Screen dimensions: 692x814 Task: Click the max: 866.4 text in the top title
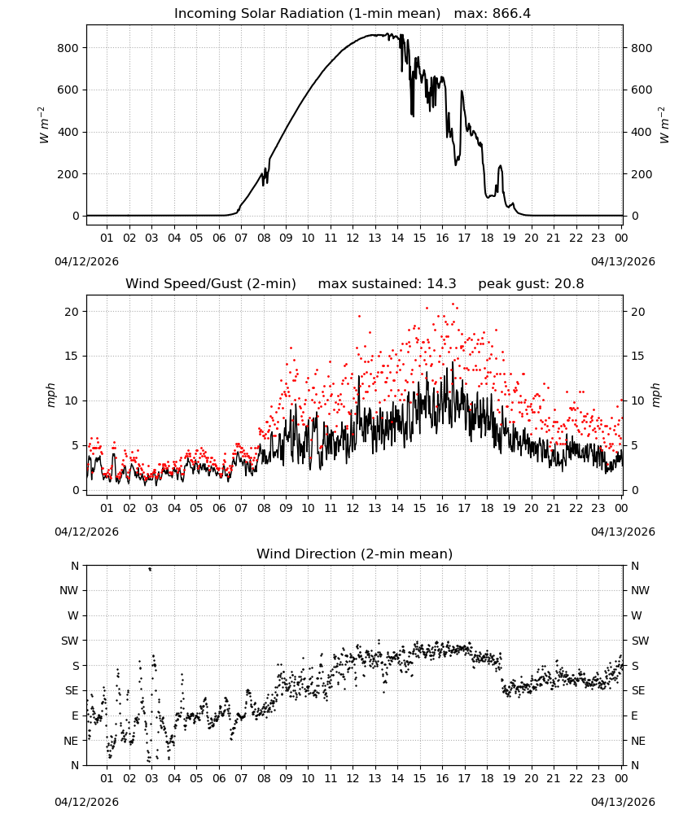[493, 14]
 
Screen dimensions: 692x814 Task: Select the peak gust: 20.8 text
[531, 284]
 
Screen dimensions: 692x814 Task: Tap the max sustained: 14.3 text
[387, 284]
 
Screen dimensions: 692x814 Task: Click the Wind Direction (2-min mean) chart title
[355, 554]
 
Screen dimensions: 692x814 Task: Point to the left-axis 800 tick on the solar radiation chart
[68, 48]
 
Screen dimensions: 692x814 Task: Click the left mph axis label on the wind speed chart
[50, 395]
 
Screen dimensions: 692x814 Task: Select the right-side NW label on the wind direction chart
[640, 591]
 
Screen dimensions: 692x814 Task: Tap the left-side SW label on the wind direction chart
[69, 641]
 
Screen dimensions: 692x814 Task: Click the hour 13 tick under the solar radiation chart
[374, 239]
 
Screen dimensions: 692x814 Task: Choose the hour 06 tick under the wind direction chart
[219, 779]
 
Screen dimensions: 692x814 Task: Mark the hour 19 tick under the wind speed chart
[509, 508]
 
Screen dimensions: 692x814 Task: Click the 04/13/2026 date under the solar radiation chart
[623, 261]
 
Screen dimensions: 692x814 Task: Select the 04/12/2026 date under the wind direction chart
[86, 802]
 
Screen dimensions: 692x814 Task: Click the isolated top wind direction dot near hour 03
[150, 569]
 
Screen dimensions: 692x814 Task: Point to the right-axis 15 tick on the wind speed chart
[637, 357]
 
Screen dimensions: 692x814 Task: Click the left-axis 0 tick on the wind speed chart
[76, 491]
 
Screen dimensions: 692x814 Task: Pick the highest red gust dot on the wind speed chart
[453, 304]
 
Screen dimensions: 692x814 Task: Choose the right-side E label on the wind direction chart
[634, 716]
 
